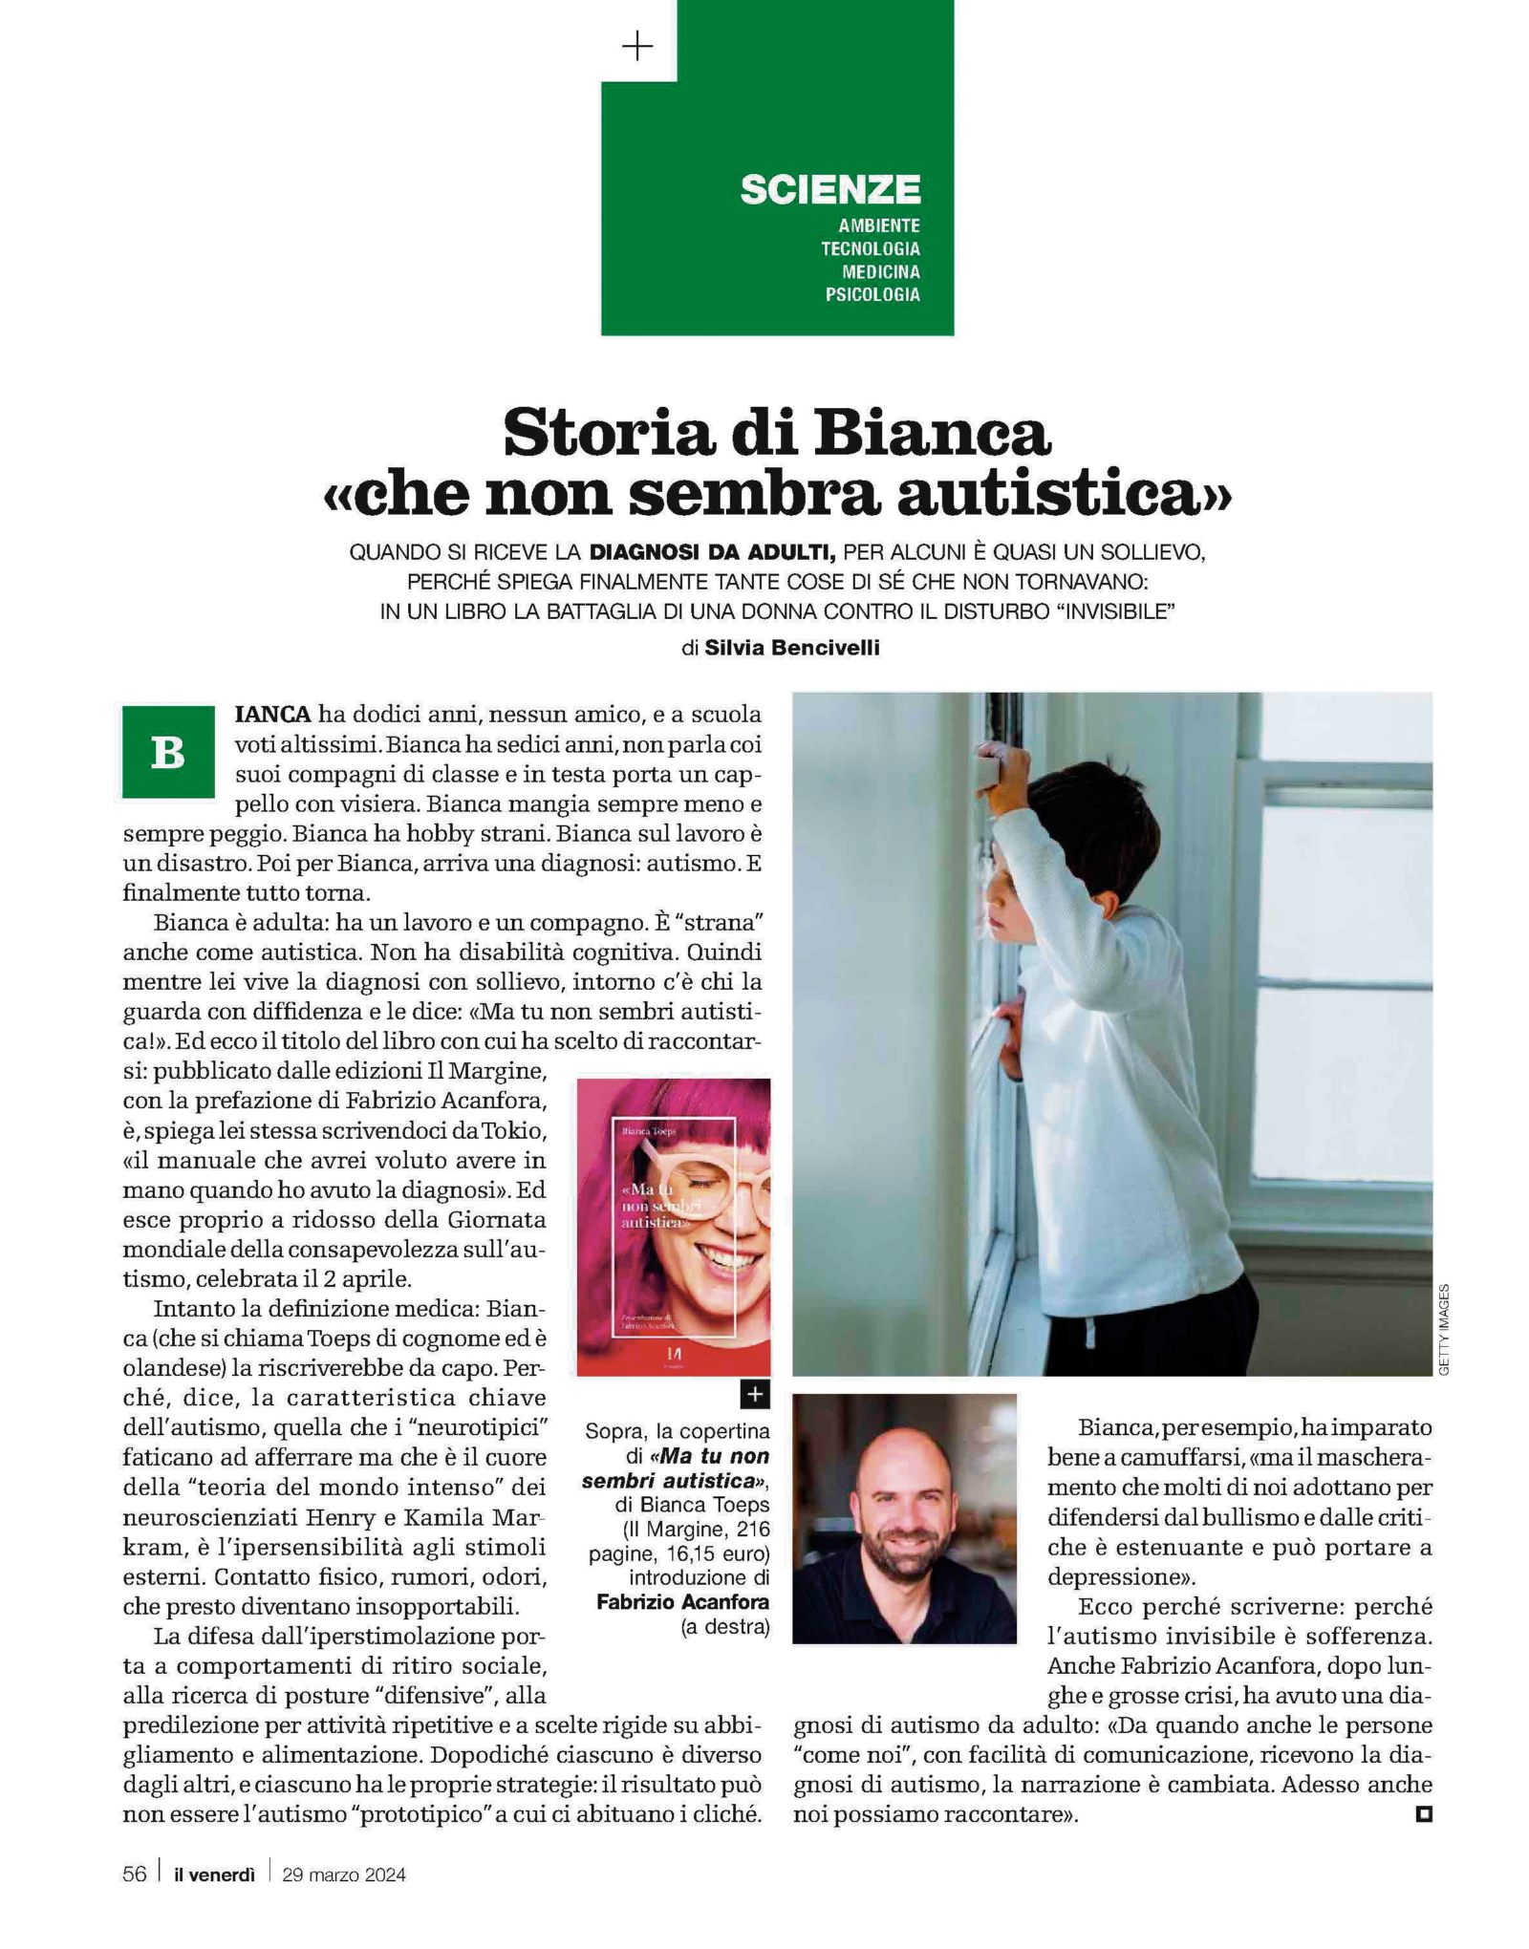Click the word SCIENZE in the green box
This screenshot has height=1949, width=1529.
(x=829, y=189)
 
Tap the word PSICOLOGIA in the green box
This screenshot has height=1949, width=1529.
(x=872, y=294)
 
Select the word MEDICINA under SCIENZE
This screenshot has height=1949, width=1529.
(x=880, y=271)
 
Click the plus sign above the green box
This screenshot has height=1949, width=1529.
(x=637, y=46)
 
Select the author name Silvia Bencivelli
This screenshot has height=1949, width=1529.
(x=791, y=648)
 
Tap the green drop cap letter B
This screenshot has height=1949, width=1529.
(x=168, y=752)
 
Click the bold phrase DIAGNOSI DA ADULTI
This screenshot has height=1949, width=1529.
(x=712, y=552)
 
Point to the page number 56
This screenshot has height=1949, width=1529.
(x=135, y=1874)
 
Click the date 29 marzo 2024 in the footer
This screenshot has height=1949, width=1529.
(x=344, y=1874)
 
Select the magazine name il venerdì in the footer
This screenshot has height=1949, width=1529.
(x=214, y=1874)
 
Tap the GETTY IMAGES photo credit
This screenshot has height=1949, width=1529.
(x=1443, y=1329)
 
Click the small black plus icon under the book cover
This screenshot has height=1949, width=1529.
(x=755, y=1394)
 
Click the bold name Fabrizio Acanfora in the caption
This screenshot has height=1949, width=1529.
(x=682, y=1601)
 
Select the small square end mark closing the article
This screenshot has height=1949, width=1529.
(x=1423, y=1812)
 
